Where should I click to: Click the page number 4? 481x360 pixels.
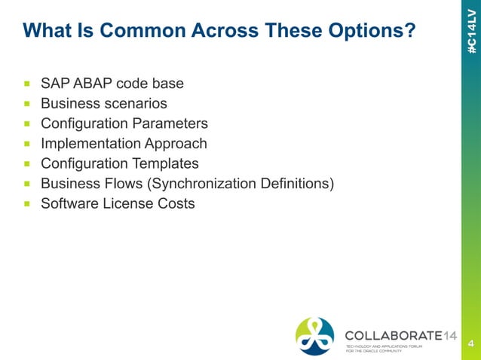tap(470, 344)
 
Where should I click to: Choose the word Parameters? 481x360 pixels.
tap(170, 123)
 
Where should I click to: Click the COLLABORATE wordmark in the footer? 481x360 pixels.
tap(389, 334)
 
